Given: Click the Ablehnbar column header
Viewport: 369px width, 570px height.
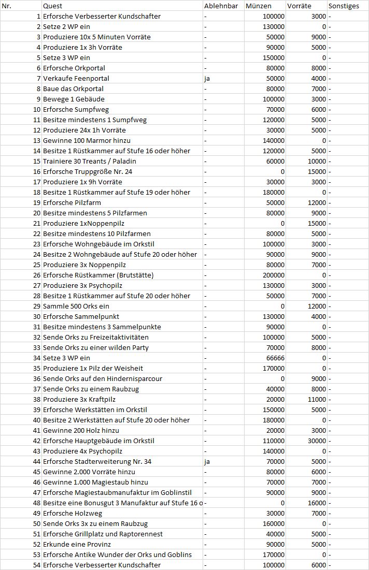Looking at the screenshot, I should pyautogui.click(x=221, y=6).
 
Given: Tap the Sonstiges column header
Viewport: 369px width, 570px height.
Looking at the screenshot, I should pyautogui.click(x=343, y=6).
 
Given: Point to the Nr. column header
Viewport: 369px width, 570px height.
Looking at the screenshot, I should pyautogui.click(x=7, y=6).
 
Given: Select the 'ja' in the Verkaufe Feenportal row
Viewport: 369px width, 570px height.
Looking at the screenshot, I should pyautogui.click(x=207, y=78).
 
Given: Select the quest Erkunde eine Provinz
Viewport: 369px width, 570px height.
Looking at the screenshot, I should pyautogui.click(x=77, y=544).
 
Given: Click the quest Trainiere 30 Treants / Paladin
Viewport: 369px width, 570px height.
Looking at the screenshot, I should pyautogui.click(x=90, y=161).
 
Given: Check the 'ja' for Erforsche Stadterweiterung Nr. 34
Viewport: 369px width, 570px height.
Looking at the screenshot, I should pyautogui.click(x=207, y=461).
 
